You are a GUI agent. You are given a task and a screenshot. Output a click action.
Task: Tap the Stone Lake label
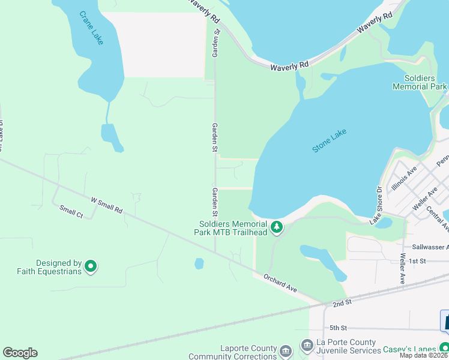point(330,140)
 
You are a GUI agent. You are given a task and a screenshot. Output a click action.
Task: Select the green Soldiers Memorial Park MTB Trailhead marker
point(277,227)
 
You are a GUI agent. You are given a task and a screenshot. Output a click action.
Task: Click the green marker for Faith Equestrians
point(91,266)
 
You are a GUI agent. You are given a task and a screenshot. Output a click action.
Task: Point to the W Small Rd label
point(106,205)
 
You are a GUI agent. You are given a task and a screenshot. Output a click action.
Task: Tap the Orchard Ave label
point(280,283)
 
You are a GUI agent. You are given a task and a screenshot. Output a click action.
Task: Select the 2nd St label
point(342,304)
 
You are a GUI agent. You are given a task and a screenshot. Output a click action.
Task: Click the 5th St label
point(339,328)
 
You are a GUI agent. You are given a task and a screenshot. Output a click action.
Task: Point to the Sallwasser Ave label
point(430,247)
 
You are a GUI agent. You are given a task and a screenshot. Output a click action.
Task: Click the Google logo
point(20,353)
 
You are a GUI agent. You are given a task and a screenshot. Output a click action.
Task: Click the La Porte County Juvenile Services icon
point(307,345)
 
